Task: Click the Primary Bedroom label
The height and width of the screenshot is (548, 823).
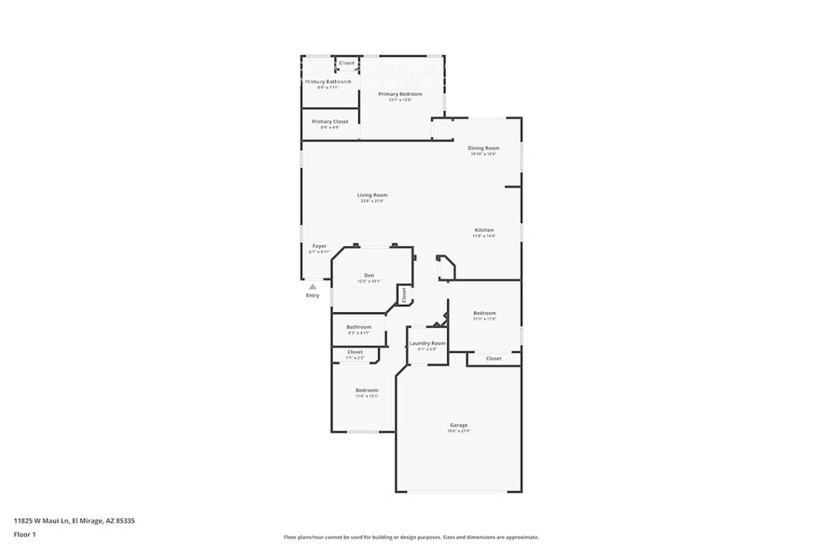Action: coord(399,94)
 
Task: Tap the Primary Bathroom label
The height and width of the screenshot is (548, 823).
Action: coord(328,82)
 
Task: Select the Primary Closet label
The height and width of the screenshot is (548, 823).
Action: coord(329,122)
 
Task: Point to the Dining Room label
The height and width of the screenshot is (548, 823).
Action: coord(483,148)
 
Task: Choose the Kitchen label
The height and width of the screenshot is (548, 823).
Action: coord(483,230)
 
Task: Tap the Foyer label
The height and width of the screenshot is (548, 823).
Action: coord(319,246)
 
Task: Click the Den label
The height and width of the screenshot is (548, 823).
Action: coord(369,276)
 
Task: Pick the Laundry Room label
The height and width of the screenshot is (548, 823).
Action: coord(427,343)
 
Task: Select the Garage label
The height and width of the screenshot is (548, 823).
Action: coord(458,425)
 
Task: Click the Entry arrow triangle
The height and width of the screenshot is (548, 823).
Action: coord(313,287)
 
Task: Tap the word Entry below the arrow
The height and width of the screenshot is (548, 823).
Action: coord(313,295)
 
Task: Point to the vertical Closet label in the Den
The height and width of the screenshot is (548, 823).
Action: coord(404,295)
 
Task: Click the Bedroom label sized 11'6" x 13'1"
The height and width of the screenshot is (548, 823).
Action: coord(367,390)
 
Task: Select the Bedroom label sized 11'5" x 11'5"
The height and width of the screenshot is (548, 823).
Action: coord(484,313)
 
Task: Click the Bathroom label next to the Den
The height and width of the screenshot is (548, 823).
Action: coord(359,327)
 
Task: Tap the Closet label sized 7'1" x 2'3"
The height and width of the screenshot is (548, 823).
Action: coord(356,352)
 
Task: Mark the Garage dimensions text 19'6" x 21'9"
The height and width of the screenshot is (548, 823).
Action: coord(458,431)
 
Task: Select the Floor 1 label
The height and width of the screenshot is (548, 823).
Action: coord(24,534)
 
